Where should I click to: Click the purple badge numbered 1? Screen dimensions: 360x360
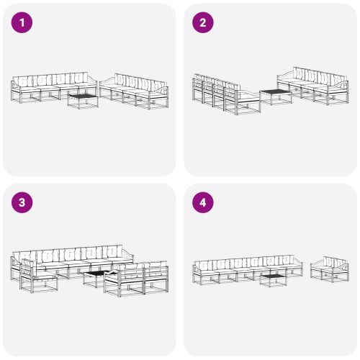click(x=23, y=23)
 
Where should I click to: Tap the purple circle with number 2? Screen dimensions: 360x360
click(x=202, y=23)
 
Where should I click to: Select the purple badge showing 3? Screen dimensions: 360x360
click(x=23, y=202)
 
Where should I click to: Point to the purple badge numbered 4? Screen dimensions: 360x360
click(x=202, y=202)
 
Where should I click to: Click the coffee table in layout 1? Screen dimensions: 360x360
click(x=83, y=99)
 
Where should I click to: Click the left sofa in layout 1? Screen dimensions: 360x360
click(x=50, y=88)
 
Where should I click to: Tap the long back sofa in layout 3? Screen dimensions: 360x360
click(x=72, y=259)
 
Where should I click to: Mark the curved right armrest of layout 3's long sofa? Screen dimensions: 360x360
click(x=127, y=254)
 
